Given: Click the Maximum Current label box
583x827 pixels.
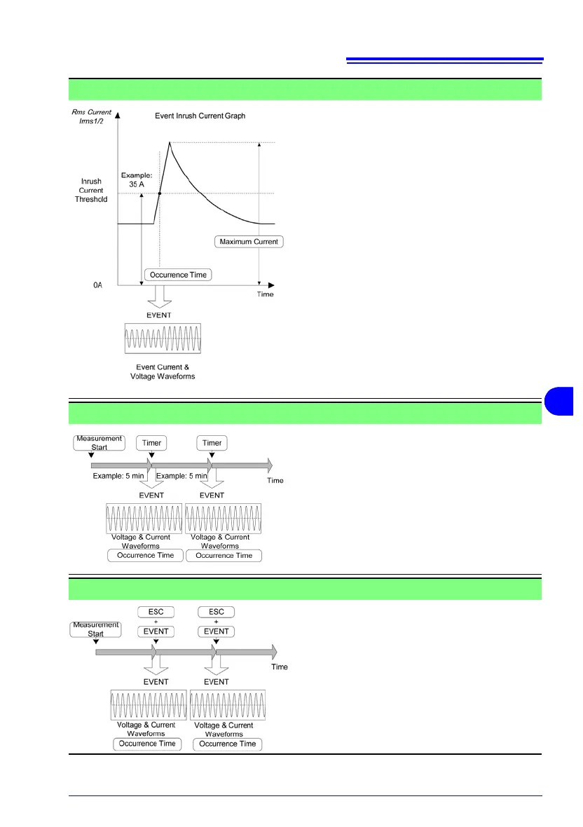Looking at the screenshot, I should [249, 242].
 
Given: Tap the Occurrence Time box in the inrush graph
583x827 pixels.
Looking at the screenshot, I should [179, 275].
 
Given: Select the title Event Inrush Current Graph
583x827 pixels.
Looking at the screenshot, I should [200, 116].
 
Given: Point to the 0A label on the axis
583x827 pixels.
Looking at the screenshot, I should [98, 285].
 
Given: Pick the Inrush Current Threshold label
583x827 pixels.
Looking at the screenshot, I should [91, 190].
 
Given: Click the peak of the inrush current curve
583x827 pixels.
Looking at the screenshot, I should [170, 142].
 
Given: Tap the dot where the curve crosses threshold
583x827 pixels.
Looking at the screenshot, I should [160, 193].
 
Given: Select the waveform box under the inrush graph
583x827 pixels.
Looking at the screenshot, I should [162, 338].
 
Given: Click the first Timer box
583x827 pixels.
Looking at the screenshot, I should [152, 443].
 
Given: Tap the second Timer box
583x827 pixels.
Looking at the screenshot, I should [212, 443].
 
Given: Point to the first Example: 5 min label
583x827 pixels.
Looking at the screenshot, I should [118, 476].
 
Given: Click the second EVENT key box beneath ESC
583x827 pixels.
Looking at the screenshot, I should [216, 631].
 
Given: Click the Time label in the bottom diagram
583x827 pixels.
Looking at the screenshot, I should [280, 667].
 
